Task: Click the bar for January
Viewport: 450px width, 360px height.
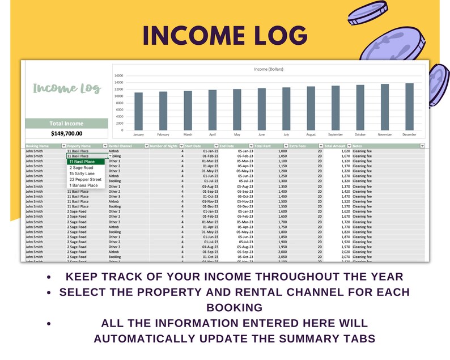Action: click(138, 111)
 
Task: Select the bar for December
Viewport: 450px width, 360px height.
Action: click(409, 107)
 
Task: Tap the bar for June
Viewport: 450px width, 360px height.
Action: click(261, 109)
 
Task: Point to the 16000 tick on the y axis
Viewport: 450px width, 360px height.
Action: click(119, 75)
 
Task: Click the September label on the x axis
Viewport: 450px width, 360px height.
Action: click(336, 135)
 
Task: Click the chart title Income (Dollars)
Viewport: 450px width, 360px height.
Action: click(269, 69)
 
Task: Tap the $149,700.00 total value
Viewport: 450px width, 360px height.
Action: click(66, 134)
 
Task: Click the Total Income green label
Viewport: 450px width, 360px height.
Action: click(66, 124)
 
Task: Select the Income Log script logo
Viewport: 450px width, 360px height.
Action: click(66, 88)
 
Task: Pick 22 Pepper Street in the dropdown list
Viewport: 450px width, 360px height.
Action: click(85, 180)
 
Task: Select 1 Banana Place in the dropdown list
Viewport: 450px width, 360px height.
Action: click(83, 185)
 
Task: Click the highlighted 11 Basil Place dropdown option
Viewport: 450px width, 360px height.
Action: click(82, 162)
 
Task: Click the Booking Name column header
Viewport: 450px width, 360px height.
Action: click(37, 146)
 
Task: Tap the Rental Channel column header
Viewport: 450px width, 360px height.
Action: click(120, 146)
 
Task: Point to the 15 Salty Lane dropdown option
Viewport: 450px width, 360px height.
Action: click(82, 173)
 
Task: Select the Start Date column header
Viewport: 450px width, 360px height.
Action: click(194, 146)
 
